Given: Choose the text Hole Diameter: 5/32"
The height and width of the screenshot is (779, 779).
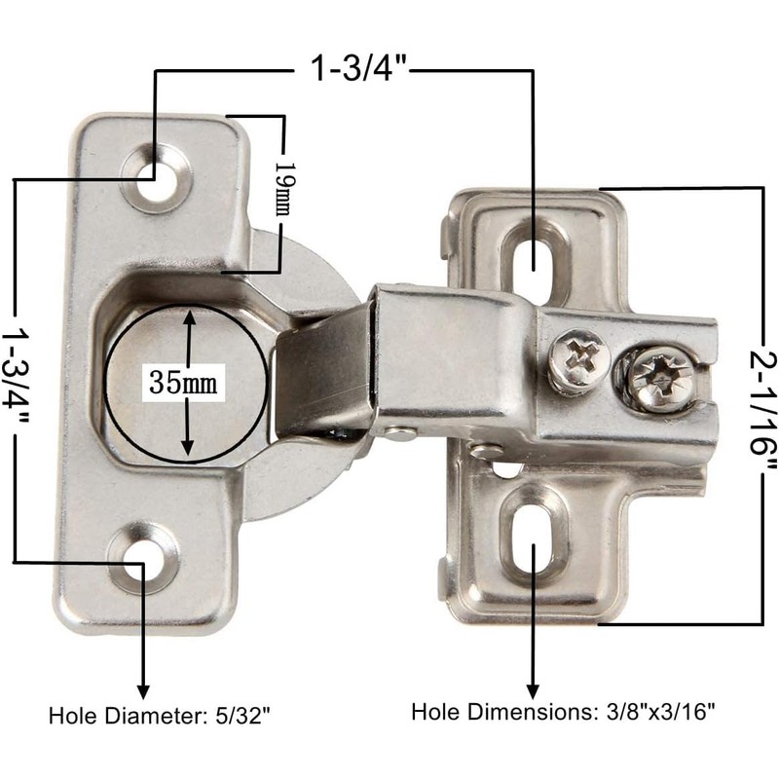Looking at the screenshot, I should (160, 716).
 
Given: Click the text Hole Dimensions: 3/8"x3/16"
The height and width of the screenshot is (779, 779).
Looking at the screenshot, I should (564, 712).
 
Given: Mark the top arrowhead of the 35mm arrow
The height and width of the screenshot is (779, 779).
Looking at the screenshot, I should (188, 315).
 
